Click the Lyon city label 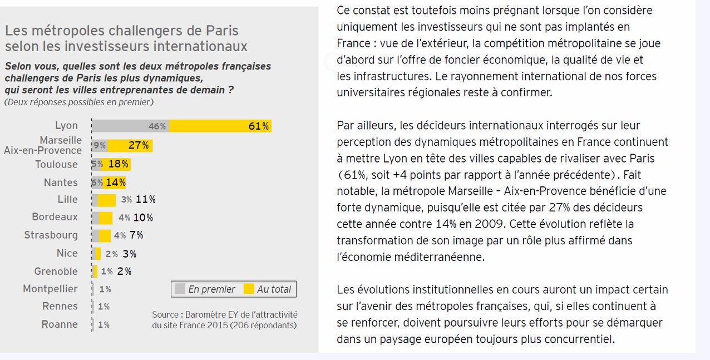pos(66,126)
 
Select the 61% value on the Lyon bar pos(259,126)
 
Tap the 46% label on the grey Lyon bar pos(157,126)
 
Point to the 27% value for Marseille pos(139,146)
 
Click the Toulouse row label pos(56,164)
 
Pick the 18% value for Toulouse pos(119,164)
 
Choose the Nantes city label pos(61,183)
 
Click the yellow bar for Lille pos(107,200)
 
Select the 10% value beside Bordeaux pos(143,218)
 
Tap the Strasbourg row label pos(51,235)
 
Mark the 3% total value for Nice pos(130,254)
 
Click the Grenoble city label pos(56,272)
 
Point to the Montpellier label pos(50,289)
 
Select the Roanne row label pos(60,324)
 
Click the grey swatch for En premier pos(180,289)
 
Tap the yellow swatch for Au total pos(249,289)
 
